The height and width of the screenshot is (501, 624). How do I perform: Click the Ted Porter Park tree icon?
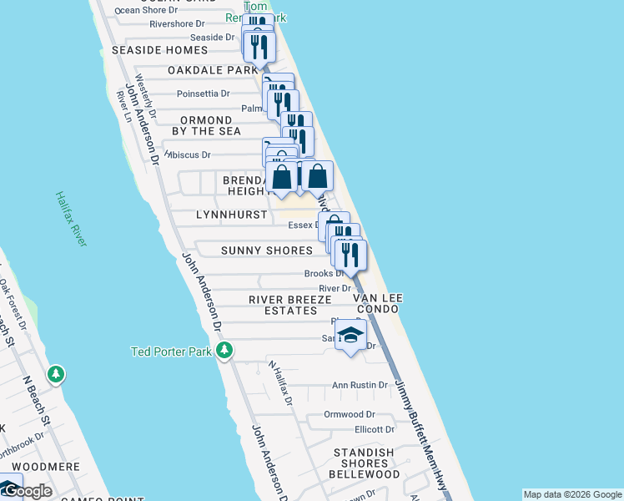pos(224,351)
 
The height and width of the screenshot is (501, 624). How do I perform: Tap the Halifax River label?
pos(71,219)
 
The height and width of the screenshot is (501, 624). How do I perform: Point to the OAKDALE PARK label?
pos(213,70)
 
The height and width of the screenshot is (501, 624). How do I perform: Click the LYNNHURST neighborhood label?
pos(231,215)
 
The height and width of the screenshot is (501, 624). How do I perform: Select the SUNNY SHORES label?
pos(266,250)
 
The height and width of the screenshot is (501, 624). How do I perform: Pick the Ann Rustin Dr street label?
pos(360,385)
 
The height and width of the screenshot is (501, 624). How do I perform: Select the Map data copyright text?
pos(572,494)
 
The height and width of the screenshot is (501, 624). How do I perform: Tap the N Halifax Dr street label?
pos(280,383)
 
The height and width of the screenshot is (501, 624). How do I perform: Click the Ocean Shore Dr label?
pos(146,10)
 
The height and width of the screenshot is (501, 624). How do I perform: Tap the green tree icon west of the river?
pos(56,374)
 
